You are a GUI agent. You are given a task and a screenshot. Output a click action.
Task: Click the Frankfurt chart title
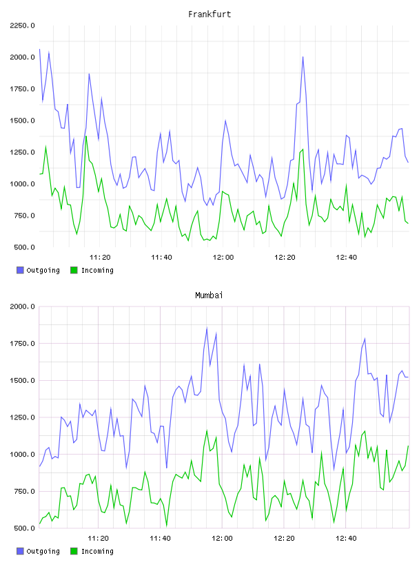[x=209, y=14]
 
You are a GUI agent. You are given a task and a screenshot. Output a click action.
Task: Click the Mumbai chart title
[x=209, y=295]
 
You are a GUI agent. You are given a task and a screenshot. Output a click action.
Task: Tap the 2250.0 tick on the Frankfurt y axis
[x=22, y=25]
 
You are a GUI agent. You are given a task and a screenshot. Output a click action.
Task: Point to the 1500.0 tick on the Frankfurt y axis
[x=22, y=121]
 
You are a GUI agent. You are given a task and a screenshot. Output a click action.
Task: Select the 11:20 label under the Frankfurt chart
[x=100, y=257]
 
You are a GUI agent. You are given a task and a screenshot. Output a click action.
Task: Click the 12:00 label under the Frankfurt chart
[x=223, y=257]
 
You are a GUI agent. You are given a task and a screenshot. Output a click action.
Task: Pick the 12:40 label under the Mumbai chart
[x=346, y=538]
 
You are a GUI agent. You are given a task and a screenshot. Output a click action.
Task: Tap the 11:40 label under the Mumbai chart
[x=160, y=538]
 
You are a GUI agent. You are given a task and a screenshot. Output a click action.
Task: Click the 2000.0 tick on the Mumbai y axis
[x=22, y=306]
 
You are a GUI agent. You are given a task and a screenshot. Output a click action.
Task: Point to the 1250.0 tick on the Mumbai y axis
[x=22, y=417]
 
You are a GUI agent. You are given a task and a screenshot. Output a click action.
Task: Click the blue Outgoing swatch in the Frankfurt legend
[x=20, y=270]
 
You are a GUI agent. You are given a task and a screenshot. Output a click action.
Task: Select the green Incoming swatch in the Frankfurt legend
[x=74, y=270]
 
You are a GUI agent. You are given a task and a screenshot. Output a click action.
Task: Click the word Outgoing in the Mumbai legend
[x=43, y=551]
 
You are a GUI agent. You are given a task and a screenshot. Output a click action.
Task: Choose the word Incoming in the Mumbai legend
[x=97, y=551]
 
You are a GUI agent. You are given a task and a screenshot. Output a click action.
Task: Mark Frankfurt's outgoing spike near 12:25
[x=303, y=56]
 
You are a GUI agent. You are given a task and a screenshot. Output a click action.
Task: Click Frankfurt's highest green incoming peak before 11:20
[x=85, y=136]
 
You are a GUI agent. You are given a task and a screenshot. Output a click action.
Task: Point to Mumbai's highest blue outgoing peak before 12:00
[x=207, y=328]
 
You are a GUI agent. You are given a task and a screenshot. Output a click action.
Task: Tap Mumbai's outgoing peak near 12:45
[x=365, y=338]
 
